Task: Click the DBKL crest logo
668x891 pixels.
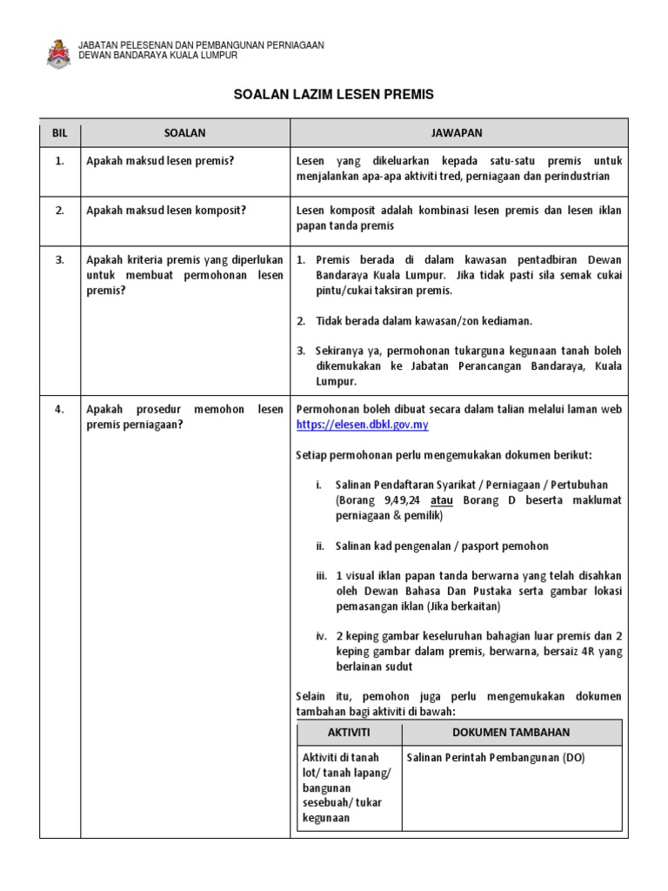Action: point(58,52)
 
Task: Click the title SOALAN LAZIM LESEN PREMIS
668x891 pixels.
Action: point(334,94)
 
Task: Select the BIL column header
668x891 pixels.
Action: point(59,133)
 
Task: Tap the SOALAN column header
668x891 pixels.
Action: point(184,133)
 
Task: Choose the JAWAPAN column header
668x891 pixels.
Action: point(457,133)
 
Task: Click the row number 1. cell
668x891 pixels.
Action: point(59,162)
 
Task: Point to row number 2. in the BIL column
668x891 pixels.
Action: point(59,211)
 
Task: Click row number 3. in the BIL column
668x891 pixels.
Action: point(59,259)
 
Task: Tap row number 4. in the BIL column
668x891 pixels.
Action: point(59,410)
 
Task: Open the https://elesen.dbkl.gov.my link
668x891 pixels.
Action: point(362,425)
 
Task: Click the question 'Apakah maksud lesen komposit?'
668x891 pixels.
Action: point(165,211)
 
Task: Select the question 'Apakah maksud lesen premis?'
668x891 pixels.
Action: point(160,162)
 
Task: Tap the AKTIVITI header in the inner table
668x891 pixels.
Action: point(348,733)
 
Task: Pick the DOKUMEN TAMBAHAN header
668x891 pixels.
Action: point(511,733)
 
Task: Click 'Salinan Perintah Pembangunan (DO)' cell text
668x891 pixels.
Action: point(496,758)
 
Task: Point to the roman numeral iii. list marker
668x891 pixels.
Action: point(322,576)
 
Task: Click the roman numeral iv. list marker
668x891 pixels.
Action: point(322,636)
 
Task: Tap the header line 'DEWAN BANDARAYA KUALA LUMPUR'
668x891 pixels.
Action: point(157,55)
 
